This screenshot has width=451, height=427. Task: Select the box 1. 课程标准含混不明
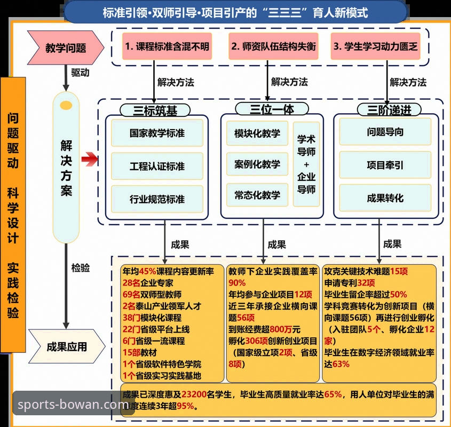point(167,46)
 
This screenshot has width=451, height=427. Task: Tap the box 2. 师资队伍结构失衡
point(273,46)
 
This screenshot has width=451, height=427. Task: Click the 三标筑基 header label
point(155,110)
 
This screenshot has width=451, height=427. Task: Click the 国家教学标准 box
point(157,133)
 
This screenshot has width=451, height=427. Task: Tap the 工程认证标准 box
point(157,166)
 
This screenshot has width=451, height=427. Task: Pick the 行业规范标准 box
point(157,199)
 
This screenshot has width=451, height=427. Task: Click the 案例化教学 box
point(257,164)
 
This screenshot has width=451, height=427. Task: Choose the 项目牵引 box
point(385,164)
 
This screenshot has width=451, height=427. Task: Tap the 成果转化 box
point(385,197)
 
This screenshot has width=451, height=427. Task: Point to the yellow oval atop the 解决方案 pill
point(66,105)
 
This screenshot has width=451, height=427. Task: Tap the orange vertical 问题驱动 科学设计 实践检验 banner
point(13,215)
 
